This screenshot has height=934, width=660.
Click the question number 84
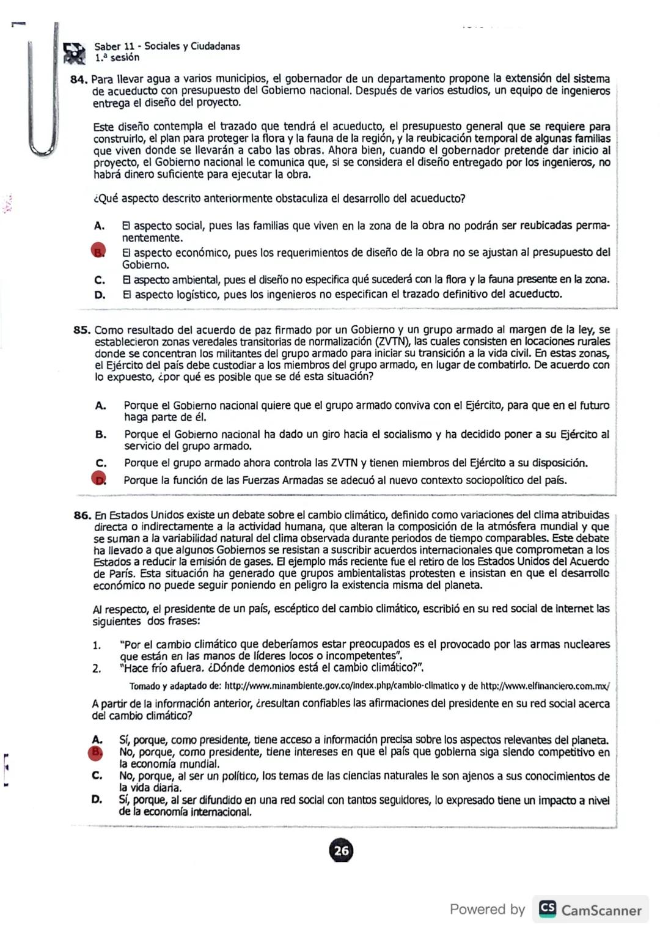[x=80, y=79]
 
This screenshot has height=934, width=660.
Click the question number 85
[x=82, y=330]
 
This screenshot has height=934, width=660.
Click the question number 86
[x=82, y=515]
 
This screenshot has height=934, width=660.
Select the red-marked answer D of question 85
[x=99, y=480]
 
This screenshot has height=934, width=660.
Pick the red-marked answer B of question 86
[x=96, y=752]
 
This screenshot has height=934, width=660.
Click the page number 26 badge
[x=342, y=850]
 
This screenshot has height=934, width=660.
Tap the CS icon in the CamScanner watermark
[x=548, y=909]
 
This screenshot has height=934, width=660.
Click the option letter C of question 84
[x=100, y=281]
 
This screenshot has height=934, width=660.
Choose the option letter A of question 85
[x=101, y=405]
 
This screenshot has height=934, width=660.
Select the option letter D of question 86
[x=97, y=800]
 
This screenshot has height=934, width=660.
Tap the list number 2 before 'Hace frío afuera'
[x=97, y=669]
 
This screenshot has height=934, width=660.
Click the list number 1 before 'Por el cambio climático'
[x=97, y=645]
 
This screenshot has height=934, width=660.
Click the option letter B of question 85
[x=101, y=435]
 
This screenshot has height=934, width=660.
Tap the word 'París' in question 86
[x=123, y=574]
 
